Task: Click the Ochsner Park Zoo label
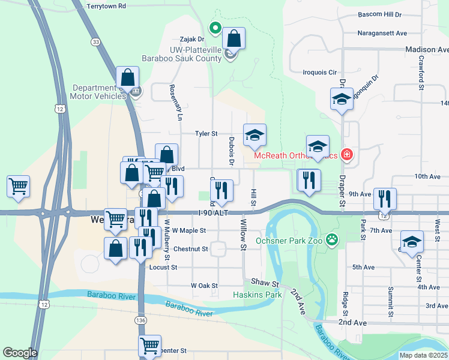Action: [x=290, y=241]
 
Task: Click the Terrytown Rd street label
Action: [x=106, y=6]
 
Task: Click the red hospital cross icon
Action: [x=346, y=155]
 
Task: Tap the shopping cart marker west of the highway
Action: [x=19, y=186]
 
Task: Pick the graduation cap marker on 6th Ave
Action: [x=412, y=242]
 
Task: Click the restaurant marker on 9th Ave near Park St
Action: [x=384, y=199]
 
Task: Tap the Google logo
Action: [x=20, y=353]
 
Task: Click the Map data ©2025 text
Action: [x=423, y=355]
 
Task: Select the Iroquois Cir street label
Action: [x=320, y=72]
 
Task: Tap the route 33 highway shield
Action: [x=96, y=41]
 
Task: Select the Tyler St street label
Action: [x=206, y=134]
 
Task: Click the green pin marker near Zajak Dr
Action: [x=215, y=28]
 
